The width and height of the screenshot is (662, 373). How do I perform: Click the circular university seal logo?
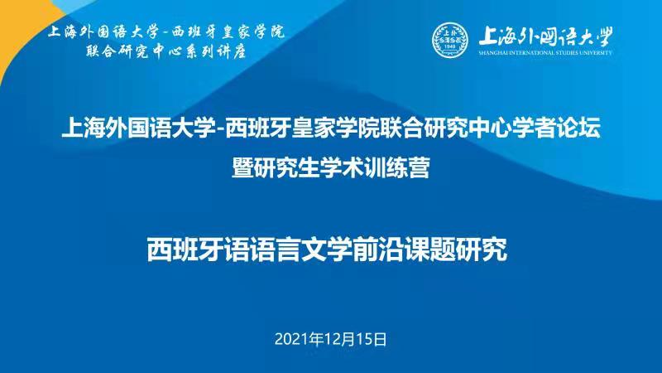450,40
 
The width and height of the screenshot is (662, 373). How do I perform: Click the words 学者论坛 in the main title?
556,128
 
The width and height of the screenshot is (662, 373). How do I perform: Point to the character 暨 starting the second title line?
242,167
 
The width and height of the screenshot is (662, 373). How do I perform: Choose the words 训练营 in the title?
397,167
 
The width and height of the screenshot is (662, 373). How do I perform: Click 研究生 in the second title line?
286,167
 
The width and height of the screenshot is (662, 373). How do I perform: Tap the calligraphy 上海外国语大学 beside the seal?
545,36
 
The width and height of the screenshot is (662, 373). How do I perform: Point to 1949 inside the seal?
450,46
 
